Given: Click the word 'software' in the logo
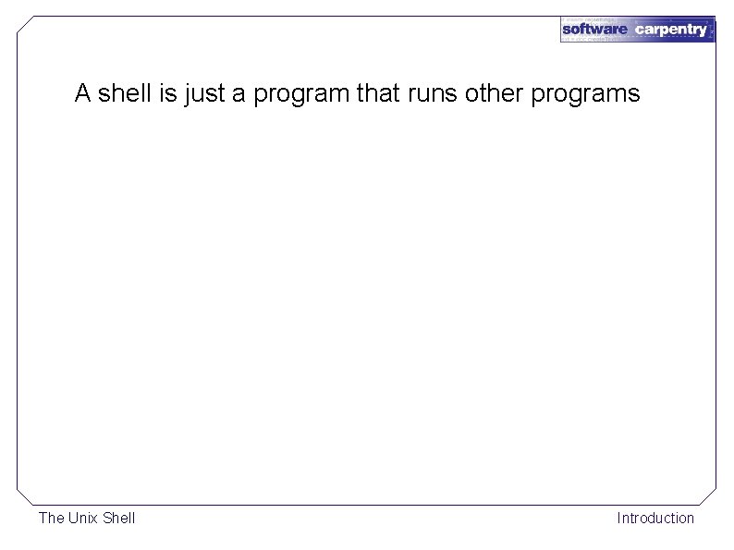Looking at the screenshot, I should point(595,30).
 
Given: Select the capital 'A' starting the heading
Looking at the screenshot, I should point(82,93).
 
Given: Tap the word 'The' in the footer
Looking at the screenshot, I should point(51,518).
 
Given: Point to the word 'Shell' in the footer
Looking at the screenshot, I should point(118,518).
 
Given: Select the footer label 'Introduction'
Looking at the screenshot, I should point(655,518).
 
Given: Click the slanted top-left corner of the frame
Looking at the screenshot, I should point(26,25).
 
